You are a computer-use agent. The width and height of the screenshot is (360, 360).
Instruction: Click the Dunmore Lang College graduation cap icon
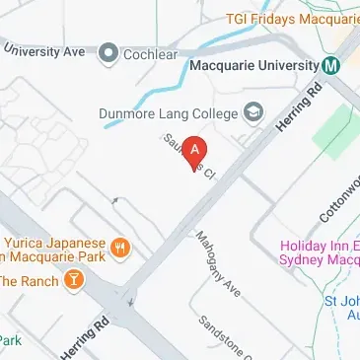tap(255, 113)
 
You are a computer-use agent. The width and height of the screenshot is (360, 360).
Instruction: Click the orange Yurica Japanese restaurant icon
tap(118, 246)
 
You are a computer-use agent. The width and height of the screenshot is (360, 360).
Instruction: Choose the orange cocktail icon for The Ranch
tap(72, 280)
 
